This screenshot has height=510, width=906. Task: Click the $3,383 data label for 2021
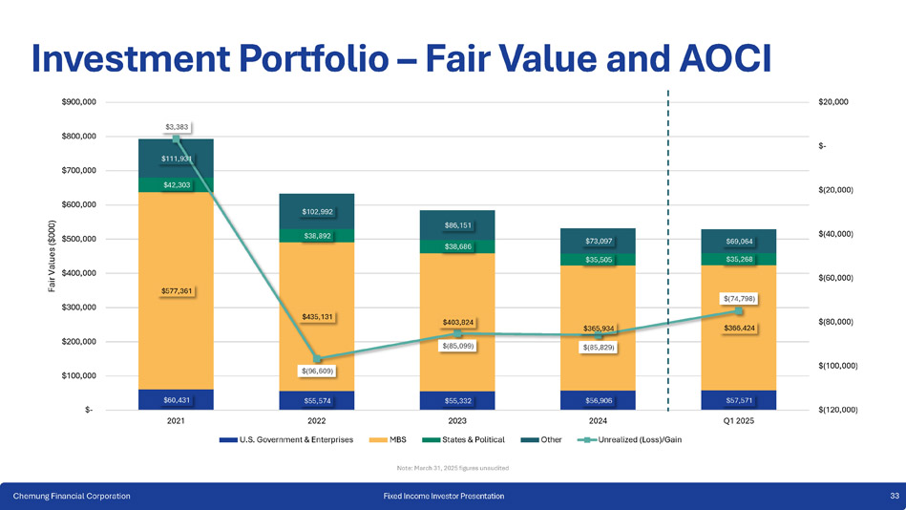176,126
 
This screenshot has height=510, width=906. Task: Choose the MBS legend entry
396,440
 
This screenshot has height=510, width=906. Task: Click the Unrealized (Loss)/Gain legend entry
639,440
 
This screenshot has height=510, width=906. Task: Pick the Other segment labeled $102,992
317,211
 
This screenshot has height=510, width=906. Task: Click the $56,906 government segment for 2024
599,401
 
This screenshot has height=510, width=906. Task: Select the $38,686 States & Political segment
457,246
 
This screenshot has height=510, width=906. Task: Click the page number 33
894,496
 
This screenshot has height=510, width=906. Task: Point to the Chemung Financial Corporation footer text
72,496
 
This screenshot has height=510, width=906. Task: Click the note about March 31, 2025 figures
453,467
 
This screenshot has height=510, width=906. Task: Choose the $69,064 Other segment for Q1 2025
739,241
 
